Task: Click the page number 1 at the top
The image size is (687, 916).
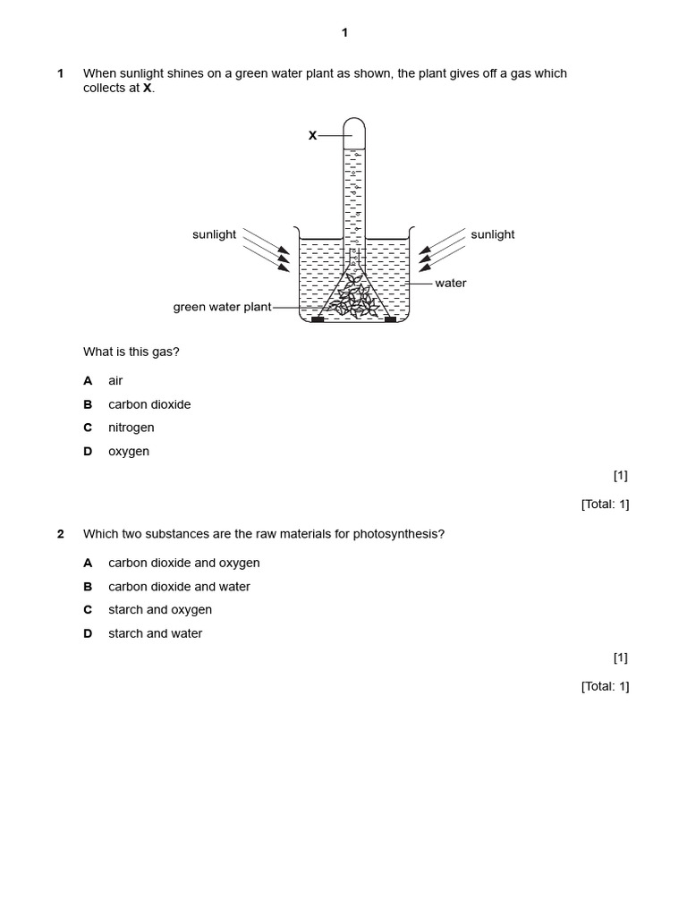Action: tap(344, 33)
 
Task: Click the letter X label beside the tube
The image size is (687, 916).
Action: tap(313, 136)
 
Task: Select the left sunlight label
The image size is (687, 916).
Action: tap(214, 234)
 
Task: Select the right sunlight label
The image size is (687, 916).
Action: tap(493, 234)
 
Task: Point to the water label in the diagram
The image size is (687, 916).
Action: tap(450, 283)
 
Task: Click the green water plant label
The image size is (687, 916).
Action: tap(222, 308)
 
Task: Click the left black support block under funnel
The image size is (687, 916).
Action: tap(317, 318)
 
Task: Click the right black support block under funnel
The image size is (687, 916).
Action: tap(390, 318)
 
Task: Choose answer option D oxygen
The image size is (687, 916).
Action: tap(129, 452)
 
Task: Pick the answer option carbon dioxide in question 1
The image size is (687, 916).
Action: tap(149, 404)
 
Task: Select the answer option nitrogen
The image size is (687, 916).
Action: tap(131, 428)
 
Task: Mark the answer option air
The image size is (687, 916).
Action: tap(115, 381)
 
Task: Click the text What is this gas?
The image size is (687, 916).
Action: tap(131, 352)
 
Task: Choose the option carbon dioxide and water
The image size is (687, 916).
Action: tap(179, 587)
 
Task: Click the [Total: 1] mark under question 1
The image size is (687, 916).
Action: tap(605, 505)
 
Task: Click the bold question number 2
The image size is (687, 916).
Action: tap(61, 534)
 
